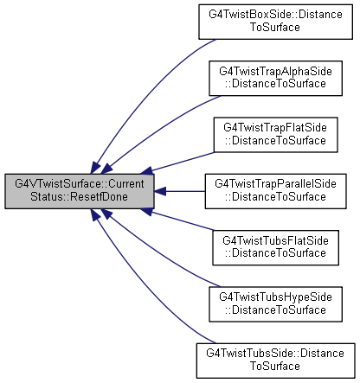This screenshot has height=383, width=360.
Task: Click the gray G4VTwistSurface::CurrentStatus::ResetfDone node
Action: point(80,191)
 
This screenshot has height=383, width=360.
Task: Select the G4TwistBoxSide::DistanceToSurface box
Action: point(275,22)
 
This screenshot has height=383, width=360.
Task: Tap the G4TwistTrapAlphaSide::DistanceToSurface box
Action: point(275,78)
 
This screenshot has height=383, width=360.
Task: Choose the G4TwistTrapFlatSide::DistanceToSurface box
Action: point(275,135)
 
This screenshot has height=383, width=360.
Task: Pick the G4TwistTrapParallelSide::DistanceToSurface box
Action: point(275,191)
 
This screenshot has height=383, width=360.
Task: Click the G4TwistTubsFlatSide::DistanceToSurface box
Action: point(275,247)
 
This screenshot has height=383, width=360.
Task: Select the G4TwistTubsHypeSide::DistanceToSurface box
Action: point(275,304)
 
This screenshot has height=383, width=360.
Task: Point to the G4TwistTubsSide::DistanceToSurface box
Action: point(275,361)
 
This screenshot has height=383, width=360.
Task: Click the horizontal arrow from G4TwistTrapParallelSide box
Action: point(180,191)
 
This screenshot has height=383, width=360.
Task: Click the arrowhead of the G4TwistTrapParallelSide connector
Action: point(160,191)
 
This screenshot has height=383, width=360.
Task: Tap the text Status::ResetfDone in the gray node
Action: point(80,197)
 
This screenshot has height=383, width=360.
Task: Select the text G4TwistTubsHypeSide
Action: point(275,297)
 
